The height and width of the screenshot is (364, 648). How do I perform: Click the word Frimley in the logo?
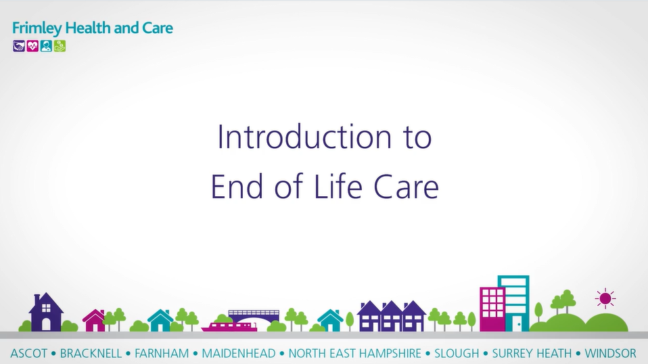pos(37,28)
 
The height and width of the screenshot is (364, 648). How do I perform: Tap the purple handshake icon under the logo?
pos(19,46)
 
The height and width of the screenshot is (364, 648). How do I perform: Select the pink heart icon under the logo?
pos(32,46)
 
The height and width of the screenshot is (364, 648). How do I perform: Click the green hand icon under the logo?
pos(60,46)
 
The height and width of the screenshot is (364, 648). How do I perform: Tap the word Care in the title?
pos(406,187)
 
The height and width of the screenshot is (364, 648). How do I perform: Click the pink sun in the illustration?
pos(605,298)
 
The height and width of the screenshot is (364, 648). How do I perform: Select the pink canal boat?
pos(229,326)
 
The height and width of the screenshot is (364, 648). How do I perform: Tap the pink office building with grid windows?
pos(492,309)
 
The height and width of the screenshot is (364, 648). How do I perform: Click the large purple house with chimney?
pos(46,312)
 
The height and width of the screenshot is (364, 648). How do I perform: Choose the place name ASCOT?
pos(29,354)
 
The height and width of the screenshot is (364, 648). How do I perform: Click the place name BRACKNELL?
pos(91,354)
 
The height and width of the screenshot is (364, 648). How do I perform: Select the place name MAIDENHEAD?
pos(239,354)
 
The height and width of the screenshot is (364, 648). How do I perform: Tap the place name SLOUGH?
pos(457,354)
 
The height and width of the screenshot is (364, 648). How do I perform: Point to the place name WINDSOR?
pos(610,354)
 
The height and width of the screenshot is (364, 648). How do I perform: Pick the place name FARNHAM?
pos(162,354)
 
